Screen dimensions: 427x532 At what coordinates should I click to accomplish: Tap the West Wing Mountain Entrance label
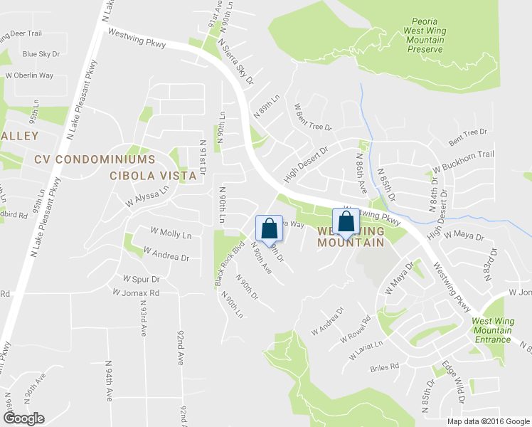492,330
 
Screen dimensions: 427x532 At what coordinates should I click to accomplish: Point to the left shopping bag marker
269,229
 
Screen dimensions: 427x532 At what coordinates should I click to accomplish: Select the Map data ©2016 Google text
489,421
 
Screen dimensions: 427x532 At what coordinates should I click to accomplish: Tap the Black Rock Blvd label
230,263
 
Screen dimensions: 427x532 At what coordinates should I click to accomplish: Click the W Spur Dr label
141,278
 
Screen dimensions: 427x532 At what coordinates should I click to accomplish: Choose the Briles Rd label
385,368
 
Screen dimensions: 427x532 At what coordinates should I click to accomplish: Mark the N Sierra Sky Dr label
239,69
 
